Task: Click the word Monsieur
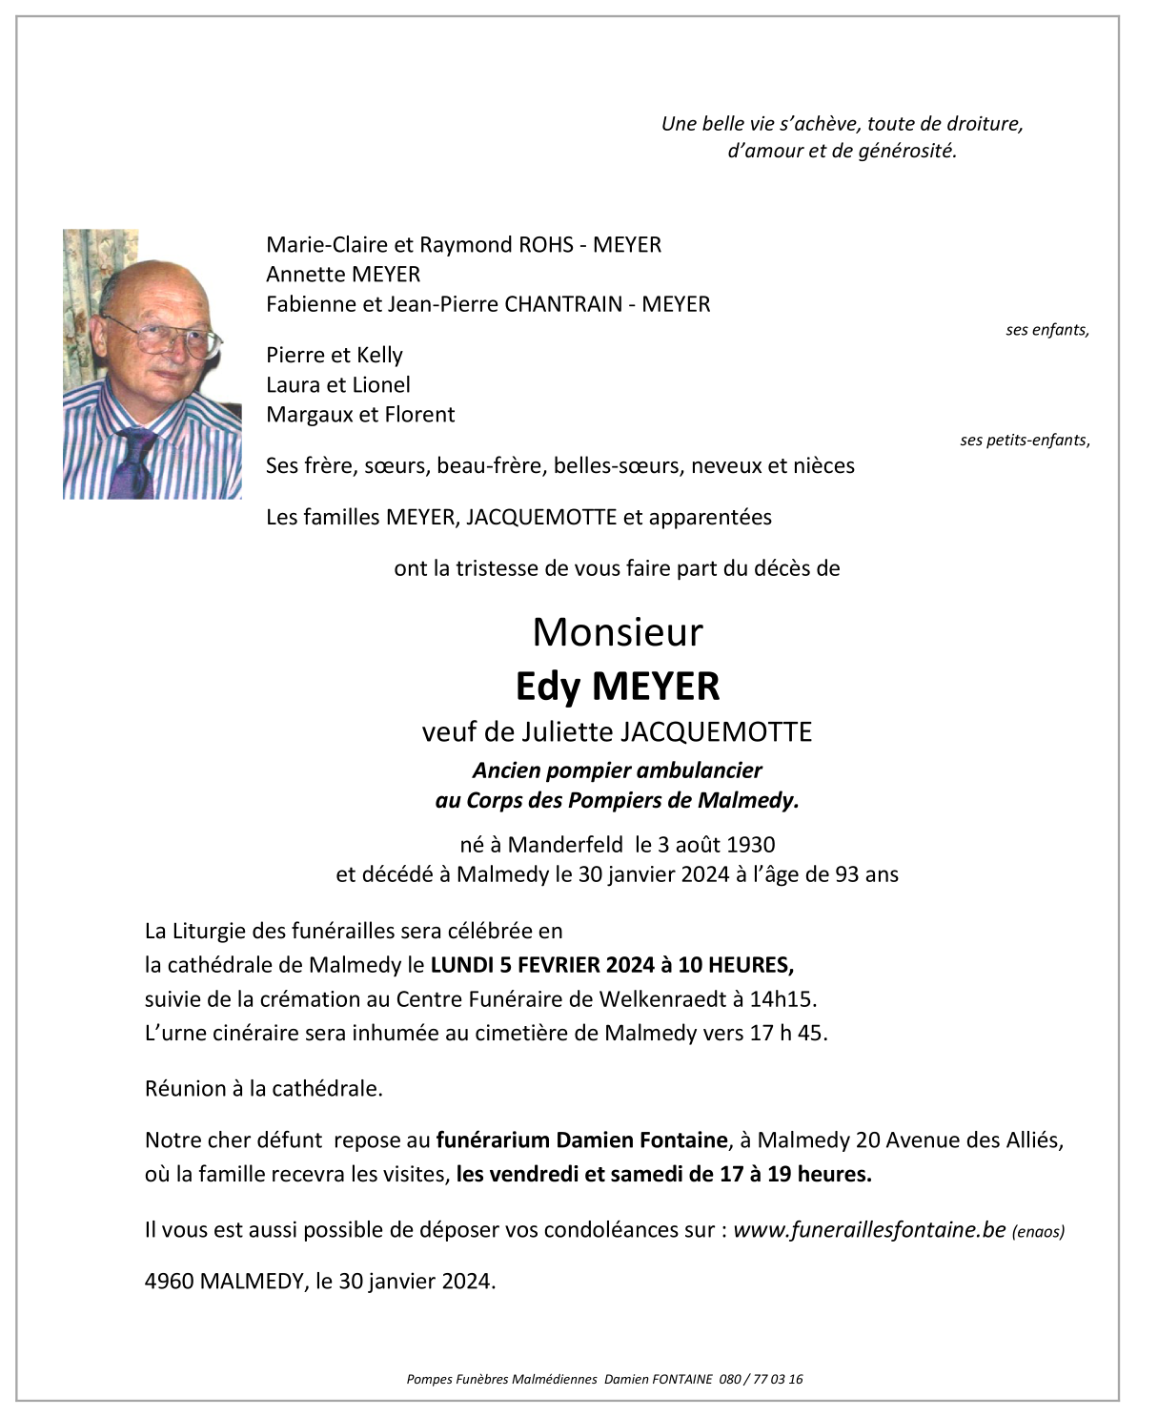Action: (618, 632)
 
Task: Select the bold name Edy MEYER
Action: (618, 686)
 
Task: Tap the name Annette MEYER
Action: (343, 275)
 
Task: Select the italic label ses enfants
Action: (1046, 330)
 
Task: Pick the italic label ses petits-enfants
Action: (1024, 440)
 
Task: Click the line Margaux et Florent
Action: (360, 415)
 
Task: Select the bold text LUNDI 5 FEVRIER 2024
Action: (542, 965)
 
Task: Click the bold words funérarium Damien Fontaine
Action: (581, 1140)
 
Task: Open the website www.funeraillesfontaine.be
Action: (869, 1230)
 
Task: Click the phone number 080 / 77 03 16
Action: (762, 1379)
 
